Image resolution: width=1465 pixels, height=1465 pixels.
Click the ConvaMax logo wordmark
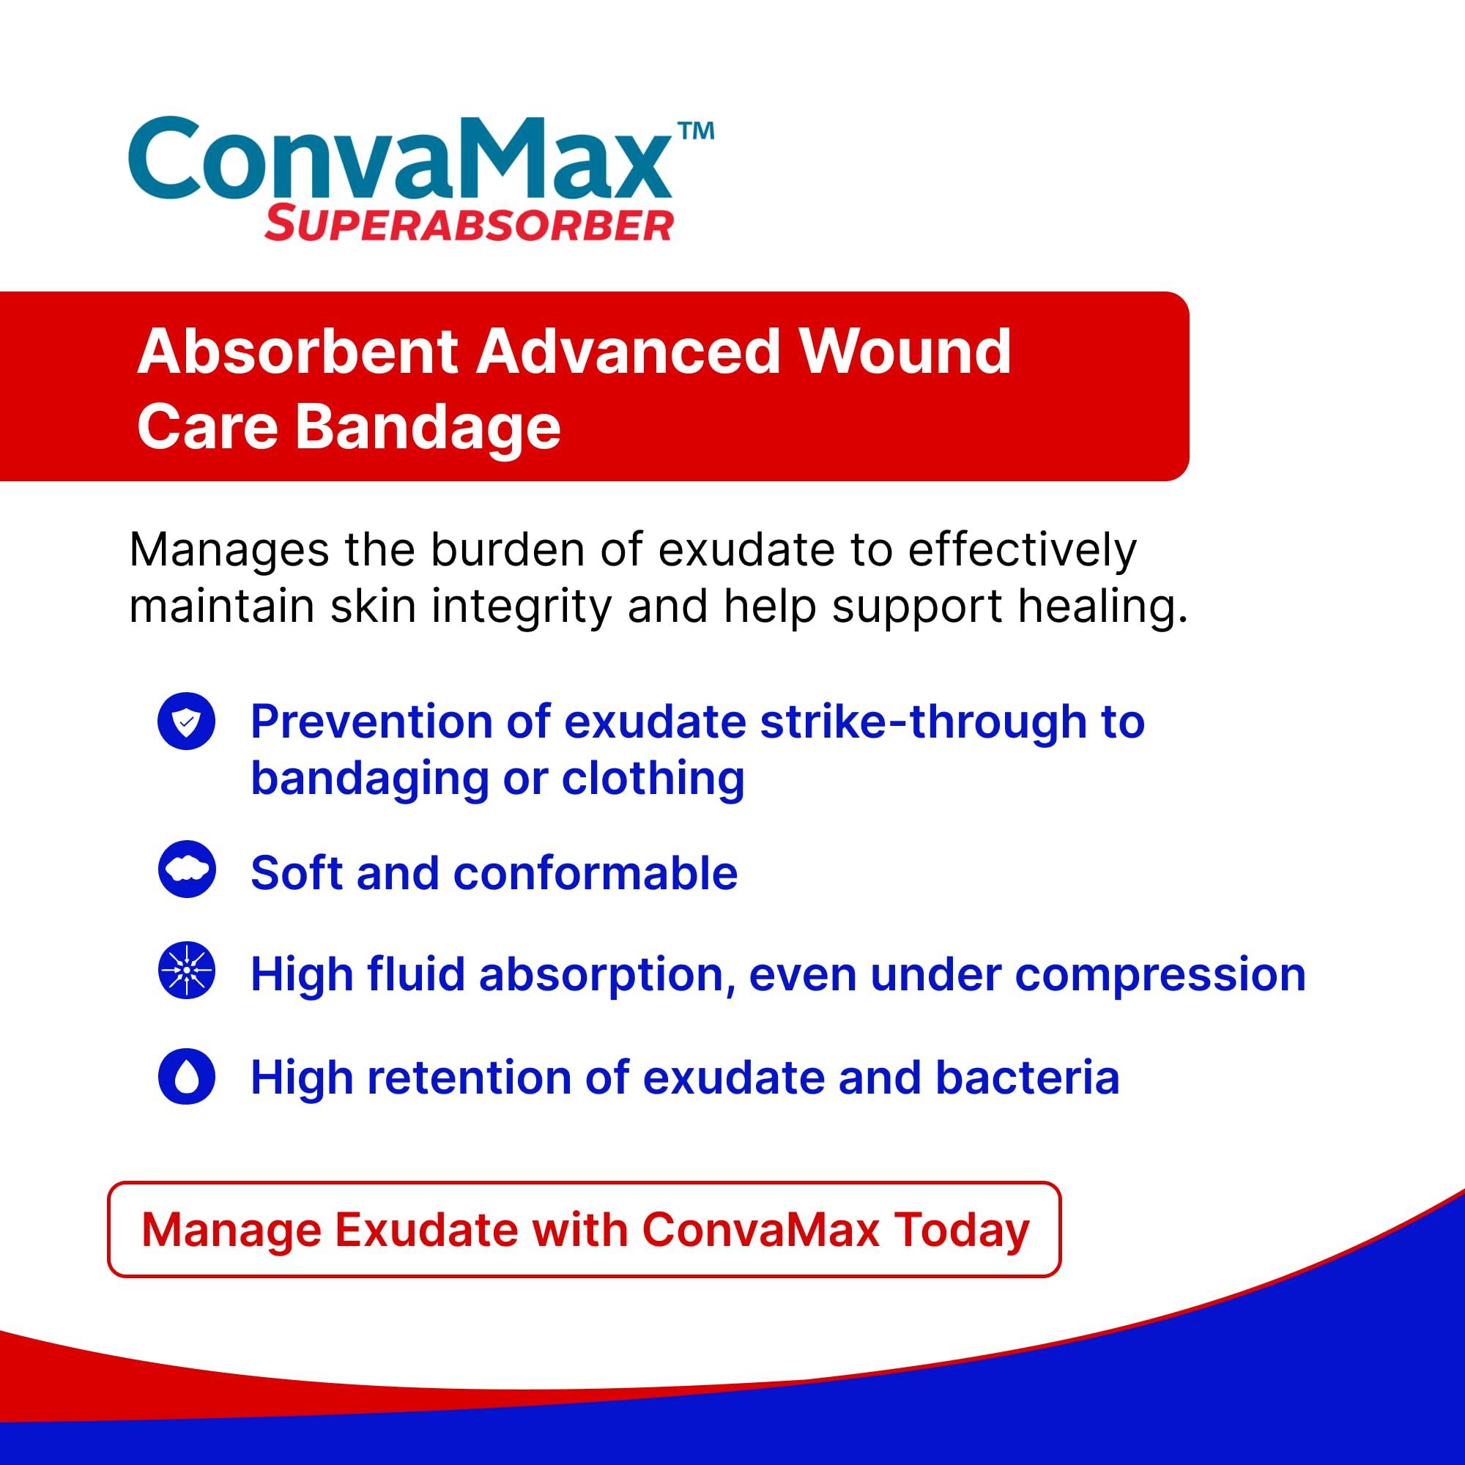pyautogui.click(x=400, y=160)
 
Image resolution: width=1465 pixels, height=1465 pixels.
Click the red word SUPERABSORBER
pyautogui.click(x=469, y=225)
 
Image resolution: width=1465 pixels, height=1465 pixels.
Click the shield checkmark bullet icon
pyautogui.click(x=187, y=721)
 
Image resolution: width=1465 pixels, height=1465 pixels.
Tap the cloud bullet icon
pyautogui.click(x=187, y=869)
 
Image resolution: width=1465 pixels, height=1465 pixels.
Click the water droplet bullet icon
pyautogui.click(x=187, y=1076)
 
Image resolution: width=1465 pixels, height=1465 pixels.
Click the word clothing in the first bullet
pyautogui.click(x=653, y=779)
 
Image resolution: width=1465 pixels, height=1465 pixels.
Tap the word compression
pyautogui.click(x=1160, y=975)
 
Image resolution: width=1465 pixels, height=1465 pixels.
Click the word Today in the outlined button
pyautogui.click(x=962, y=1230)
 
